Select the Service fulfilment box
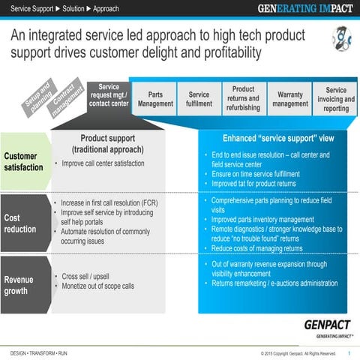click(x=199, y=100)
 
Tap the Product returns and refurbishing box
click(x=243, y=99)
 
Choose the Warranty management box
click(x=289, y=100)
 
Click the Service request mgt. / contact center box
click(x=109, y=97)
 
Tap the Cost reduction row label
click(x=20, y=223)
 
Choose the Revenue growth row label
click(x=19, y=285)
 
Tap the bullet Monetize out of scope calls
click(x=97, y=286)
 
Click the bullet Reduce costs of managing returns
click(x=256, y=248)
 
